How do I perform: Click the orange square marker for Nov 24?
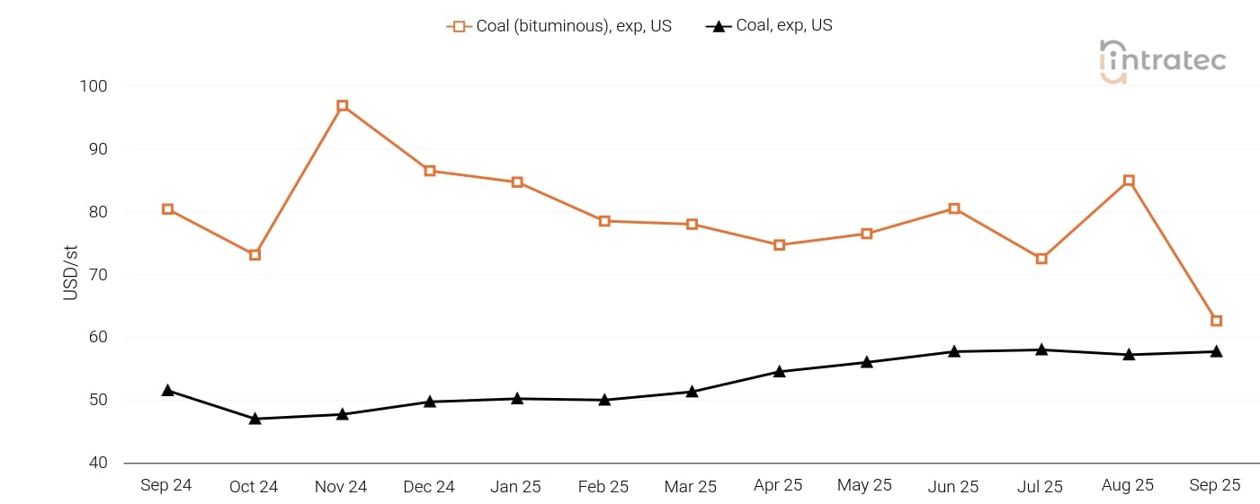coord(343,106)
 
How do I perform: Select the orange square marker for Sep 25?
coord(1216,321)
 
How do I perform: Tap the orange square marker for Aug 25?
coord(1129,181)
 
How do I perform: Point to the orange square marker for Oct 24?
coord(255,255)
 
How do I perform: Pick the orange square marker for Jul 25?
coord(1041,259)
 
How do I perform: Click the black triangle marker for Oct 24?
coord(255,418)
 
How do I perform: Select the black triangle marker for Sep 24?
coord(167,390)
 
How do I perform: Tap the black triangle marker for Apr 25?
coord(779,371)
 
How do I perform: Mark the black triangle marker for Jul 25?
coord(1041,349)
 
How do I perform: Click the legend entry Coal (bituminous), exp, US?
coord(559,26)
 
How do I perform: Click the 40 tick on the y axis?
coord(97,463)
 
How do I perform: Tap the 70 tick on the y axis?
coord(97,275)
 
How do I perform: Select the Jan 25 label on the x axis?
coord(516,486)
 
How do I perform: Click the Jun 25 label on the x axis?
coord(953,486)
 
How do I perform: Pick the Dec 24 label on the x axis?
coord(429,486)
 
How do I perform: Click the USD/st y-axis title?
coord(72,275)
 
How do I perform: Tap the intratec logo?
coord(1162,61)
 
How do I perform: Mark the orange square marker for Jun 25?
coord(954,208)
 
